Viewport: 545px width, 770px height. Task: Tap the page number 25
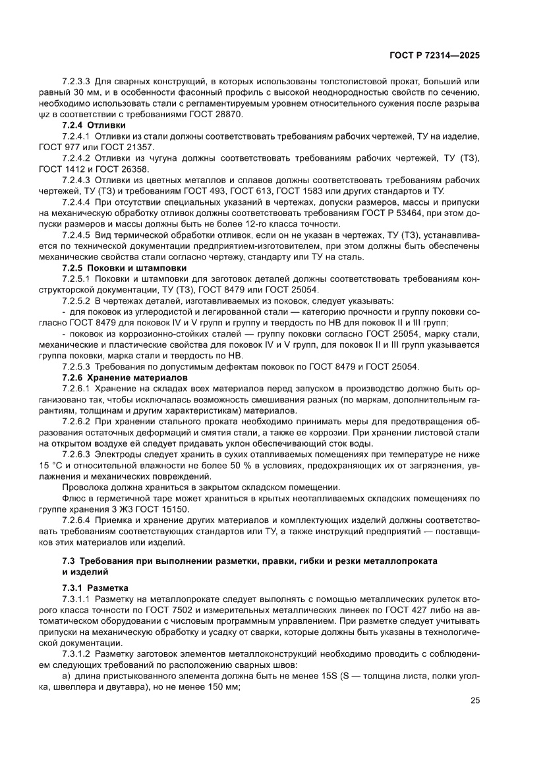[474, 700]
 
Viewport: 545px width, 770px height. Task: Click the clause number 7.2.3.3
[76, 81]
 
